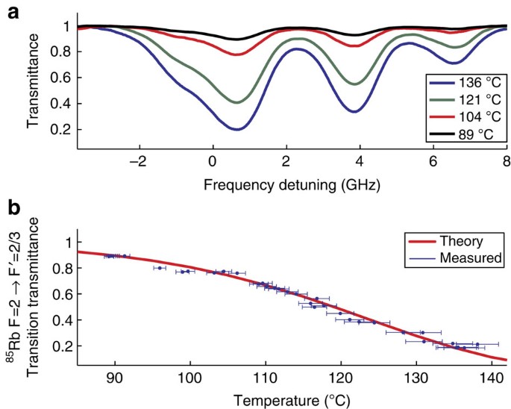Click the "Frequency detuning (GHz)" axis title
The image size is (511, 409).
pyautogui.click(x=285, y=182)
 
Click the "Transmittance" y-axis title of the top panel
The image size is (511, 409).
pyautogui.click(x=34, y=82)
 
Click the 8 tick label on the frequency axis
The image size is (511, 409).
pyautogui.click(x=505, y=161)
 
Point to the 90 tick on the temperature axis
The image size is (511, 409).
pyautogui.click(x=114, y=376)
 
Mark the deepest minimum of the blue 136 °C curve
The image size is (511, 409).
pyautogui.click(x=237, y=129)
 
